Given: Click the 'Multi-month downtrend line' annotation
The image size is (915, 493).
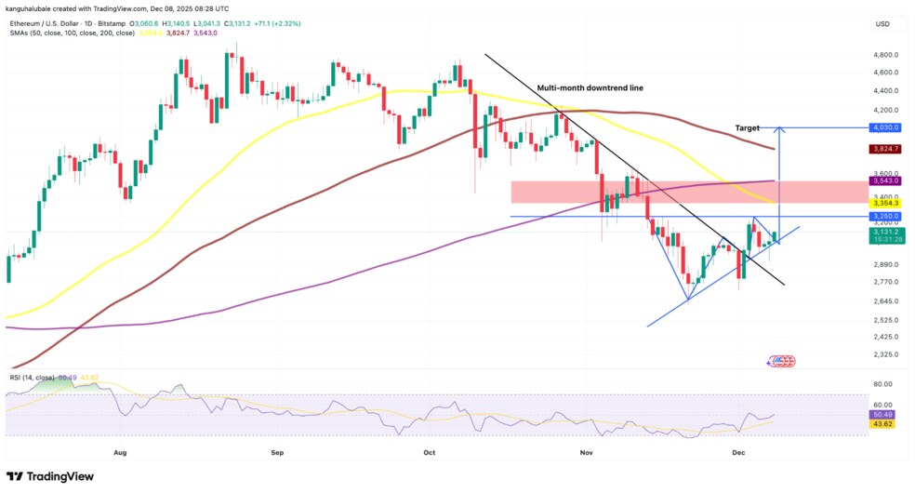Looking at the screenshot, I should coord(590,87).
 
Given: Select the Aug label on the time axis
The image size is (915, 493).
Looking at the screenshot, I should coord(119,453).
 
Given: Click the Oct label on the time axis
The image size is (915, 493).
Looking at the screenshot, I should coord(429,453).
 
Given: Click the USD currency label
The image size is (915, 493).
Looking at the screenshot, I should coord(882,23).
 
